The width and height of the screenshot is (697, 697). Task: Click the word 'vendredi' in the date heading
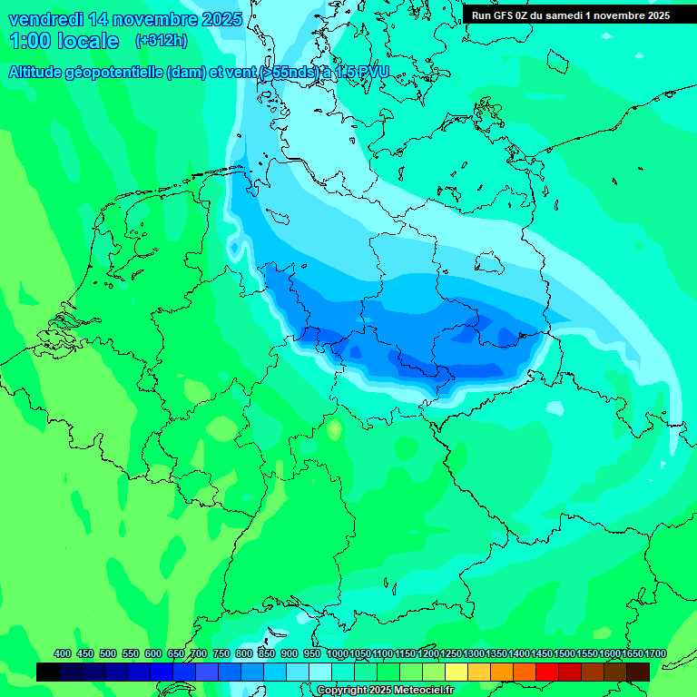click(x=45, y=19)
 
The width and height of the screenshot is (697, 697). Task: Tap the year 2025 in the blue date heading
click(x=218, y=19)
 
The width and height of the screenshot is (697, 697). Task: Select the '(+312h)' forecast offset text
click(x=162, y=41)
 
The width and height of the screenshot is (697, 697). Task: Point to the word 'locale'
click(x=88, y=41)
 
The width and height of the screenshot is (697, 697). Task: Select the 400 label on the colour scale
click(x=63, y=654)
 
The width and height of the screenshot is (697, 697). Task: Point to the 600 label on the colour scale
click(x=153, y=654)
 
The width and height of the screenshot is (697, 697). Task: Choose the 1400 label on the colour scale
click(x=518, y=654)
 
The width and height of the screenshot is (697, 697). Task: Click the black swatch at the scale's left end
click(x=48, y=672)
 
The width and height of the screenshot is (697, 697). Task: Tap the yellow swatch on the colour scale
click(x=456, y=672)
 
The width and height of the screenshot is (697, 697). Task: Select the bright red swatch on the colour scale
click(x=547, y=672)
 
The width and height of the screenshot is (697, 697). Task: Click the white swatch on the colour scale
click(x=320, y=672)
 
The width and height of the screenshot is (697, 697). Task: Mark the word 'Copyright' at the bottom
click(x=343, y=691)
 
